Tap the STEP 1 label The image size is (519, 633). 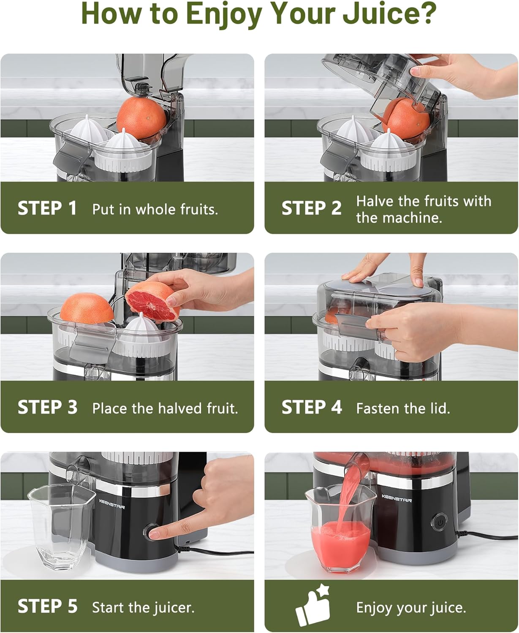(47, 208)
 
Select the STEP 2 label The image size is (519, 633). (311, 208)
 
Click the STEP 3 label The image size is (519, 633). (47, 408)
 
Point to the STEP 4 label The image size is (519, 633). (312, 408)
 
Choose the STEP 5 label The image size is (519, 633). (47, 606)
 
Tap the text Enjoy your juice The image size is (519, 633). (411, 608)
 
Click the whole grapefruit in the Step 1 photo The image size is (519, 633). (141, 117)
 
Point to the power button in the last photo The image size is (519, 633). (440, 522)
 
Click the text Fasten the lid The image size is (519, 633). (403, 408)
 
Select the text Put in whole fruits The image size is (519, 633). (155, 209)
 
